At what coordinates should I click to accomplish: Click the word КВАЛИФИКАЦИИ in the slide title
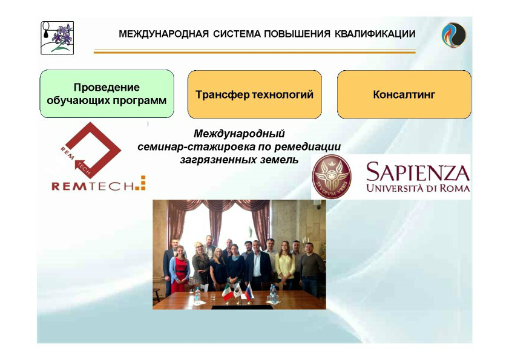pyautogui.click(x=375, y=34)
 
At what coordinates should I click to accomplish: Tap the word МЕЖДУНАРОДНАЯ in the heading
pyautogui.click(x=163, y=34)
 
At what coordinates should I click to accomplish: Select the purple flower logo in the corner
pyautogui.click(x=57, y=38)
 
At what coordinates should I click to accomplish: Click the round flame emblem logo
pyautogui.click(x=454, y=34)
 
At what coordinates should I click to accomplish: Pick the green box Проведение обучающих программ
pyautogui.click(x=107, y=94)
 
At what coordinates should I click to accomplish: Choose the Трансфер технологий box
pyautogui.click(x=254, y=94)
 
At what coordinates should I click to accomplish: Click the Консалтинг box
pyautogui.click(x=404, y=94)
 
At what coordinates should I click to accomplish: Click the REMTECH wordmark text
pyautogui.click(x=98, y=185)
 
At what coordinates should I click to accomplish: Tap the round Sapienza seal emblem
pyautogui.click(x=332, y=176)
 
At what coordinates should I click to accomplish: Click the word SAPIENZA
pyautogui.click(x=418, y=172)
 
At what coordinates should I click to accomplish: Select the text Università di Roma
pyautogui.click(x=418, y=188)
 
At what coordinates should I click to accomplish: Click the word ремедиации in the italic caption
pyautogui.click(x=307, y=147)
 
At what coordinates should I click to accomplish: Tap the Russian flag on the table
pyautogui.click(x=249, y=292)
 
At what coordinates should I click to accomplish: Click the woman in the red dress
pyautogui.click(x=179, y=270)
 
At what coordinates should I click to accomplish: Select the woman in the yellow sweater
pyautogui.click(x=285, y=265)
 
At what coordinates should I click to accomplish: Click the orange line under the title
pyautogui.click(x=255, y=51)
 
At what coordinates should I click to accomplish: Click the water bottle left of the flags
pyautogui.click(x=197, y=295)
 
